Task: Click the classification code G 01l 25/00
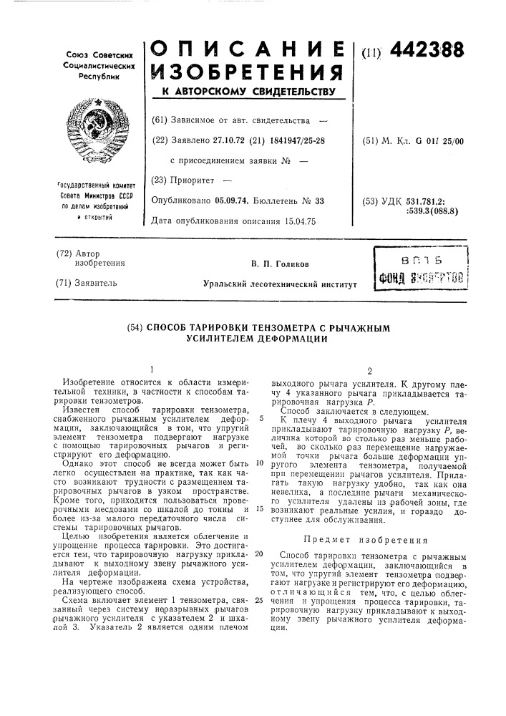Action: click(x=435, y=140)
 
